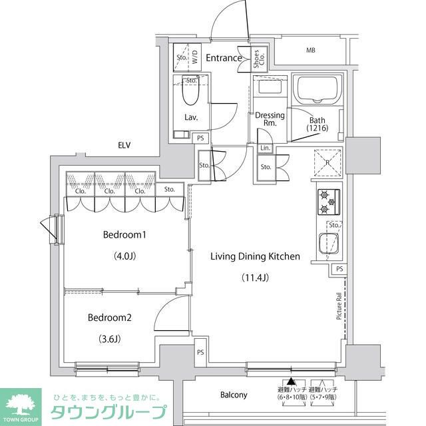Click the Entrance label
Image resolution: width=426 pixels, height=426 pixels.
[x=224, y=58]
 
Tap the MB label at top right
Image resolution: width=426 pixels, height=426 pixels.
[x=311, y=51]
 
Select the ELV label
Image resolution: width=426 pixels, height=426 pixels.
[x=124, y=145]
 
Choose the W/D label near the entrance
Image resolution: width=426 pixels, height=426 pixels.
[x=195, y=58]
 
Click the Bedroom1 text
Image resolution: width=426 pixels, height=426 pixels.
[x=124, y=234]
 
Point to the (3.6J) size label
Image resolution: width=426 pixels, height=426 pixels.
[x=110, y=338]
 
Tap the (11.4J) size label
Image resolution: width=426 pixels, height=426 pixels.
[x=255, y=277]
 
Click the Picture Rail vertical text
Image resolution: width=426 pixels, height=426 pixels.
[x=339, y=307]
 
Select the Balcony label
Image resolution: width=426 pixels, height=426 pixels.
[x=234, y=395]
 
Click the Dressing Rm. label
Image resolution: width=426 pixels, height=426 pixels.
[x=270, y=119]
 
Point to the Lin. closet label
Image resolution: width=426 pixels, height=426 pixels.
[x=265, y=148]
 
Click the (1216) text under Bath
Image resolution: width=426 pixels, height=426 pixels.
[x=318, y=128]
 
